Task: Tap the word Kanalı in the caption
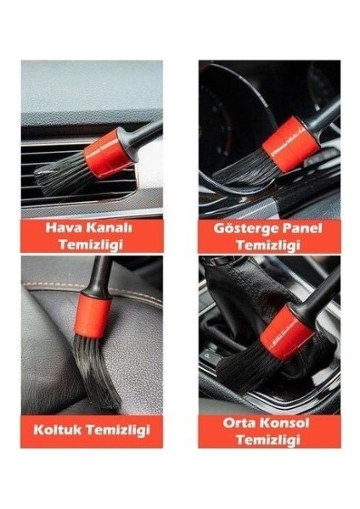(112, 227)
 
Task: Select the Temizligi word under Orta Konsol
(269, 439)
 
